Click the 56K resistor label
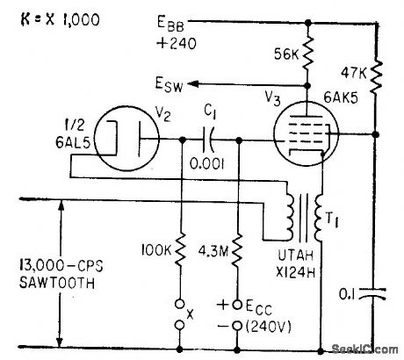(x=284, y=55)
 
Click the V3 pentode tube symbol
(x=303, y=134)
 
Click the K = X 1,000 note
(x=48, y=15)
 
